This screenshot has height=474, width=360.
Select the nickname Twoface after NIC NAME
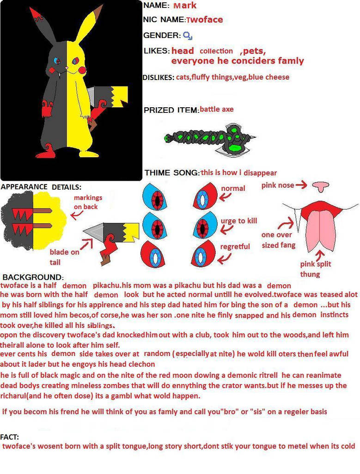[204, 19]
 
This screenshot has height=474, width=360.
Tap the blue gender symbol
[187, 35]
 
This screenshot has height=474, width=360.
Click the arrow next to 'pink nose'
[301, 185]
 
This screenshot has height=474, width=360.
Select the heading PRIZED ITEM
[171, 110]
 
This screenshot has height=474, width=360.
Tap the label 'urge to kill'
[239, 221]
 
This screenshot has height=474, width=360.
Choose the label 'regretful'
[235, 246]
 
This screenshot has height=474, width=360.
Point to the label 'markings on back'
[88, 202]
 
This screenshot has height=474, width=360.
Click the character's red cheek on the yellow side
[83, 69]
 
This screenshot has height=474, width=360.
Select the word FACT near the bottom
[10, 437]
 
